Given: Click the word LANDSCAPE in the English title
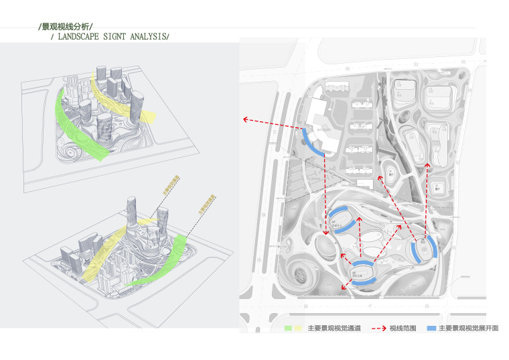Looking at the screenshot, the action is (x=78, y=36).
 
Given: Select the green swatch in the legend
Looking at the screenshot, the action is (x=288, y=328).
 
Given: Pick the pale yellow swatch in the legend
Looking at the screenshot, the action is (x=297, y=328).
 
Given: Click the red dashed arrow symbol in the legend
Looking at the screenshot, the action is (x=377, y=328).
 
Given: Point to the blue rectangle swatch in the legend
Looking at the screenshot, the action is (x=431, y=328).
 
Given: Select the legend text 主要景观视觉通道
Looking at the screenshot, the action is (x=334, y=328).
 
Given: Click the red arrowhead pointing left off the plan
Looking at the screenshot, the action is (x=246, y=119).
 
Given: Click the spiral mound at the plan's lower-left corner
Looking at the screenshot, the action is (x=300, y=275).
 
